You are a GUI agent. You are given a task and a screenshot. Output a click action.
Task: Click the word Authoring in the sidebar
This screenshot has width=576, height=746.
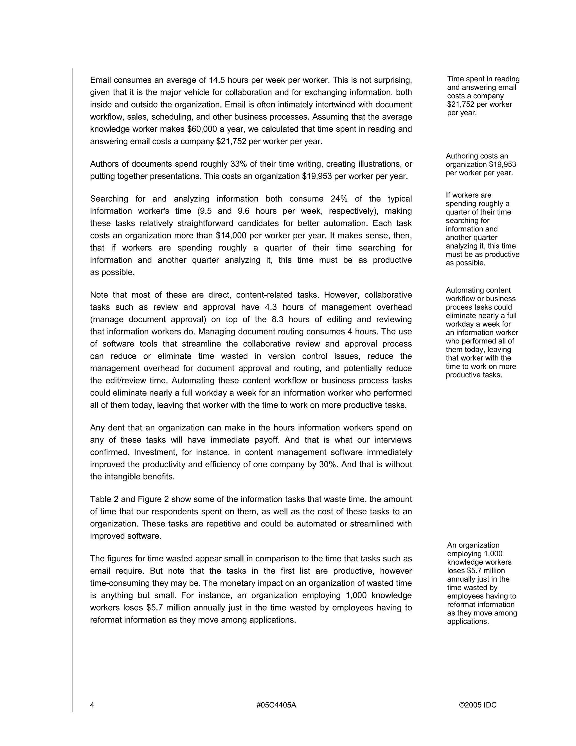462,156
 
